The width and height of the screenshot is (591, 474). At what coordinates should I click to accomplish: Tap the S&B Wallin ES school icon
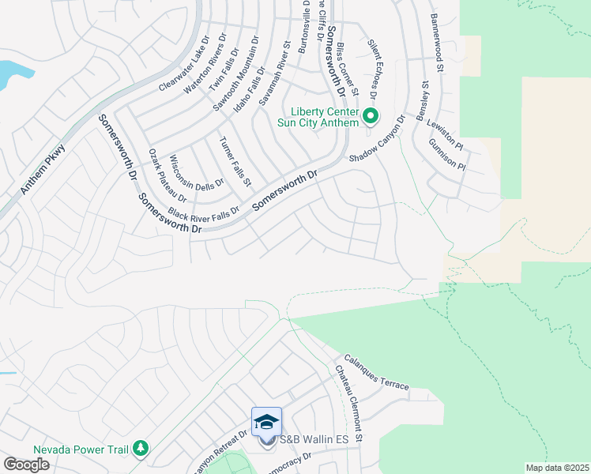pos(266,422)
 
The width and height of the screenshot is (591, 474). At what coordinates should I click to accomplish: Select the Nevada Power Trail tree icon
pos(141,449)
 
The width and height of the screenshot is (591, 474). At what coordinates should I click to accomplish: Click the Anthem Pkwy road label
pos(43,170)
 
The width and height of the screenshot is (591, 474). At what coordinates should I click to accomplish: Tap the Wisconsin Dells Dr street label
pos(186,171)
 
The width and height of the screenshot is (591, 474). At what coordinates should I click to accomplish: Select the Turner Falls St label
pos(235,160)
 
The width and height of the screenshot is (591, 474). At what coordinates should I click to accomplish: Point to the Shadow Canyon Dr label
pos(377,140)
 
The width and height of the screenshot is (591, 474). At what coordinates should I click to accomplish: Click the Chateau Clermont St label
pos(348,403)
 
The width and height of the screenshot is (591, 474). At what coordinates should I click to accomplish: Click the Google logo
pos(26,464)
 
